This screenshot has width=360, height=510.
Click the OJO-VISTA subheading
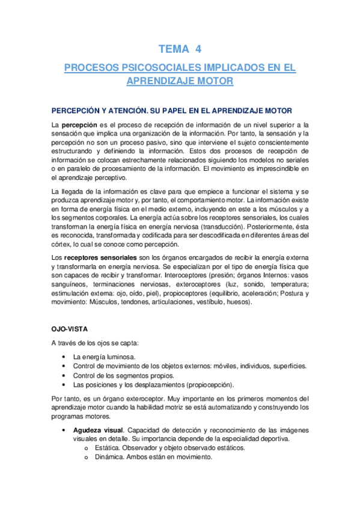pos(69,329)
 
